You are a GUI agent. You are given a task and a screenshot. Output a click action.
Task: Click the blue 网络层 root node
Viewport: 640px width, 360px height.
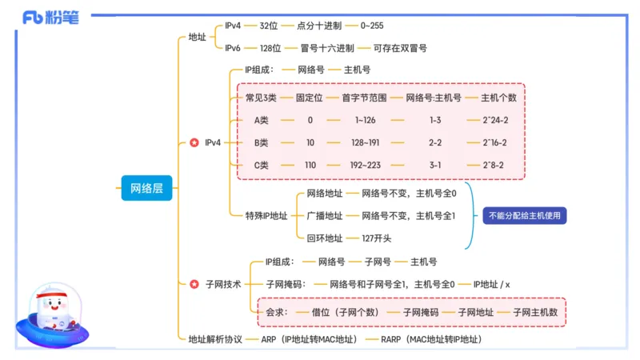[x=146, y=189]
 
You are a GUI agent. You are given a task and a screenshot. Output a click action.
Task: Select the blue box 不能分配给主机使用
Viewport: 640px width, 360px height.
[x=523, y=215]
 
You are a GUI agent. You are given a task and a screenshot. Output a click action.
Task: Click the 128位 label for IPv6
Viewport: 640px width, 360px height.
[x=270, y=48]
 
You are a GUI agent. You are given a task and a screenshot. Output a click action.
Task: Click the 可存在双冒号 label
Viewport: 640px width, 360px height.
[x=400, y=48]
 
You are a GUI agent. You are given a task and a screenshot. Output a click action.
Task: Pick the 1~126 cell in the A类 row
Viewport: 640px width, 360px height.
[x=365, y=120]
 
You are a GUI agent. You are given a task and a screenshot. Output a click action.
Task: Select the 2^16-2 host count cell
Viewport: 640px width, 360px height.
[x=494, y=142]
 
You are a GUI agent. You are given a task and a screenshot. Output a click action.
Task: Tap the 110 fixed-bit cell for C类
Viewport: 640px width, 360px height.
[x=310, y=166]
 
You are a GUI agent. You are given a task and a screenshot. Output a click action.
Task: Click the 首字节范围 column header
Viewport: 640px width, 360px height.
[x=364, y=98]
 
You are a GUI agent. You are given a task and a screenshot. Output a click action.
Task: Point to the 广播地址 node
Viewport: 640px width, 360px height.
[x=324, y=216]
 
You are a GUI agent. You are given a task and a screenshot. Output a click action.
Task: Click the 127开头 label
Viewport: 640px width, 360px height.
[x=377, y=238]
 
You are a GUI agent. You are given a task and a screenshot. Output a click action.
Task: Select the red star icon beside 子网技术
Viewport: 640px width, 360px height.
[x=194, y=283]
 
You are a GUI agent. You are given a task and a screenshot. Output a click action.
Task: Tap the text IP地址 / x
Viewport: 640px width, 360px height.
[x=492, y=283]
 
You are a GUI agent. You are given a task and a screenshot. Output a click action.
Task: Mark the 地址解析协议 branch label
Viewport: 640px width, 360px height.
[x=214, y=339]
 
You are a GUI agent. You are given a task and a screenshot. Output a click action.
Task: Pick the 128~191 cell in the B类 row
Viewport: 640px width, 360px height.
[x=365, y=142]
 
